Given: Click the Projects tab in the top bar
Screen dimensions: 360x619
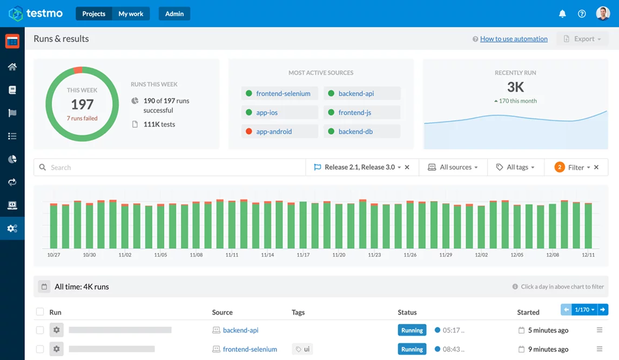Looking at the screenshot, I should [94, 14].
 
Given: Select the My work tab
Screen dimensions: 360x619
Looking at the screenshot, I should [131, 14].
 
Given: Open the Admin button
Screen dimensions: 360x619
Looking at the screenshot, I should [174, 14].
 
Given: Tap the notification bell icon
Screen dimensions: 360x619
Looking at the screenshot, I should [562, 14].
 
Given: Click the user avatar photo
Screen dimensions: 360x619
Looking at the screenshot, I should [603, 14].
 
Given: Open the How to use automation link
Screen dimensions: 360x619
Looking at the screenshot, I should [514, 39].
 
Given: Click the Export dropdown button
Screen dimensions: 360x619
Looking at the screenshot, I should [582, 39].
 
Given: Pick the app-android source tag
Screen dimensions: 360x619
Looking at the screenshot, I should [274, 131].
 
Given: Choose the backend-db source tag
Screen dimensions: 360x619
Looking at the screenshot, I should [355, 131].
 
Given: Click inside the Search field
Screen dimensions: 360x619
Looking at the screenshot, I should [173, 168].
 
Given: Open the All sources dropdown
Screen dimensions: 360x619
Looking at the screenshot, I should [453, 168].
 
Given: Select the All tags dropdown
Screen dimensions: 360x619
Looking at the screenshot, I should [515, 168].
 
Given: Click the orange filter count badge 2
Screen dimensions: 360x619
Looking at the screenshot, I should [560, 168].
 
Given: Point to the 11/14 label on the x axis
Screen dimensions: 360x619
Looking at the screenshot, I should [267, 255].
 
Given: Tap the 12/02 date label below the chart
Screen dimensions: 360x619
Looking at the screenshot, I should [481, 255].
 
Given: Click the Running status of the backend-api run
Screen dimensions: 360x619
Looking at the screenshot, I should [412, 330].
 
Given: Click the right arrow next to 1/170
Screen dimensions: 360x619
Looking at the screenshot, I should [603, 310].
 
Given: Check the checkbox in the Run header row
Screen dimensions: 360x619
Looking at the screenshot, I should [40, 312].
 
